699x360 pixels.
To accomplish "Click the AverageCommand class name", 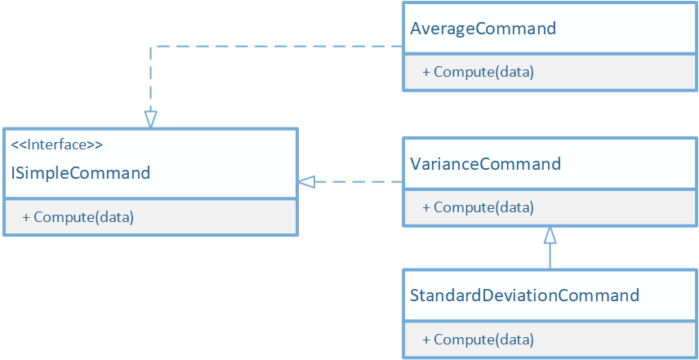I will click(x=483, y=29).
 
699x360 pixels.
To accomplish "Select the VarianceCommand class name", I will click(x=485, y=164).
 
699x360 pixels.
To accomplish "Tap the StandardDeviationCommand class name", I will click(x=524, y=295).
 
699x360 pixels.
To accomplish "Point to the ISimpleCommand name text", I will click(x=80, y=173).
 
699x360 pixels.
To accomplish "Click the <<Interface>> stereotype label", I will click(x=56, y=145).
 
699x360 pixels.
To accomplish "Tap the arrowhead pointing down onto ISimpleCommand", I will click(x=150, y=119).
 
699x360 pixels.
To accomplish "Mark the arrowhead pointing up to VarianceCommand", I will click(x=550, y=236).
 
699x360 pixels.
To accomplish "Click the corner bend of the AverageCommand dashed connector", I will click(x=150, y=47).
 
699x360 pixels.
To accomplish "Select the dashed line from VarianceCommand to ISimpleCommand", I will click(x=359, y=182).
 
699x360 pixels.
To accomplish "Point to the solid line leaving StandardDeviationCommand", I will click(x=550, y=257).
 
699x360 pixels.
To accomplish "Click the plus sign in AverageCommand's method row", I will click(x=426, y=73).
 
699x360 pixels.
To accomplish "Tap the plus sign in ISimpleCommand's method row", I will click(x=26, y=218).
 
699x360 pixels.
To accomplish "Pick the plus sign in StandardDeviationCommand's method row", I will click(x=426, y=340).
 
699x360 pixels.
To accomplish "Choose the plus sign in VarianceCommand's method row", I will click(x=426, y=208).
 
